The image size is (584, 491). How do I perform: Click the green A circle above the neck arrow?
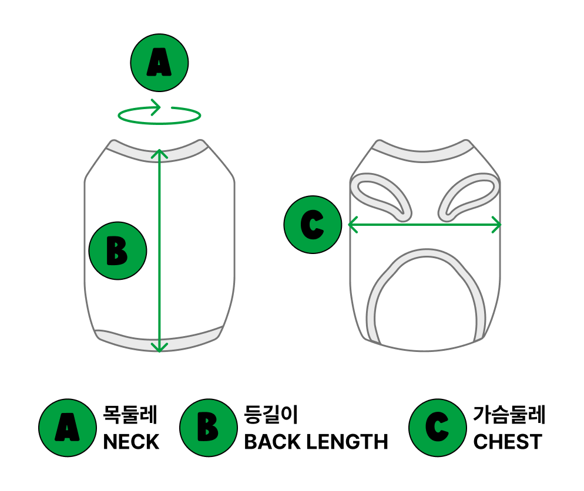coord(159,63)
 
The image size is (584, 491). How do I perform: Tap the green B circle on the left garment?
coord(118,250)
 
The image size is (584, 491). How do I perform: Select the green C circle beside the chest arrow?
coord(313,225)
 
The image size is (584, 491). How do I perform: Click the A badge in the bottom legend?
coord(68,428)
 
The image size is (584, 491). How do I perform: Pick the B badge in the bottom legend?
coord(209,428)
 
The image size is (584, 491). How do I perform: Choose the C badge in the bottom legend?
coord(438,428)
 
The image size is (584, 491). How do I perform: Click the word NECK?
coord(131,442)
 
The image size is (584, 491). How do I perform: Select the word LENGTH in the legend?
coord(347,442)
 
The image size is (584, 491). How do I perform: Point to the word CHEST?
coord(508,442)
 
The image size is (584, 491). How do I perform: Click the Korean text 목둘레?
coord(130,414)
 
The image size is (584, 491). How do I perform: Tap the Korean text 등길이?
coord(271,414)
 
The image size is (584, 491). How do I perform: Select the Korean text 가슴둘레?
coord(509,414)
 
